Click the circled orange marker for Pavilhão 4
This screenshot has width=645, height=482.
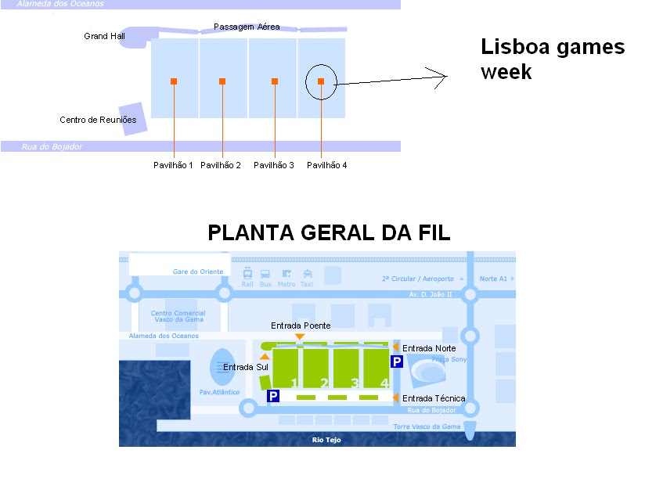click(321, 81)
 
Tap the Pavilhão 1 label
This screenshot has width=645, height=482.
click(173, 165)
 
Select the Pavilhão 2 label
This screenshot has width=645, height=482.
click(221, 165)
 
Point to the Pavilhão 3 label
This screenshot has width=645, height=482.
click(274, 165)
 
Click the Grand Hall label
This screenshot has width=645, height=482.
click(101, 36)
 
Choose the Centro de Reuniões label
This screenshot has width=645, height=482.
click(98, 120)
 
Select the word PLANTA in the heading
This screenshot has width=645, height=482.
click(250, 232)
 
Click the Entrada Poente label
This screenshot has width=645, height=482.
click(301, 325)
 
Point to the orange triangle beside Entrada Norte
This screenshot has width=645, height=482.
click(396, 347)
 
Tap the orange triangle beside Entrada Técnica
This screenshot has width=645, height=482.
click(396, 397)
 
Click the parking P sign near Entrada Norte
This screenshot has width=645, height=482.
click(397, 361)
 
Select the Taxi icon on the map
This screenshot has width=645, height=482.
click(307, 275)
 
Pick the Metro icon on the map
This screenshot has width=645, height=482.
click(286, 275)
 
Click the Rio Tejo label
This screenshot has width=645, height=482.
click(324, 440)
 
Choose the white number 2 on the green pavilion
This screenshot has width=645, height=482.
click(323, 383)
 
